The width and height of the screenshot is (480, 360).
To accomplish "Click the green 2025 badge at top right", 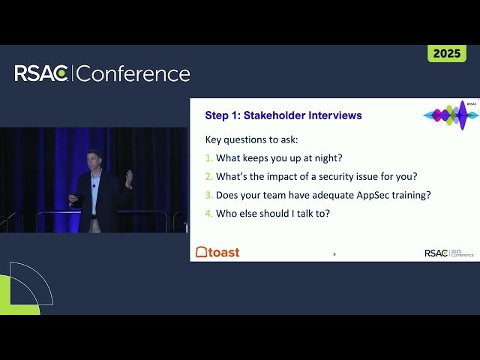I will click(446, 53).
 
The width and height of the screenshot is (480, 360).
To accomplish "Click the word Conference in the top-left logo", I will click(133, 73).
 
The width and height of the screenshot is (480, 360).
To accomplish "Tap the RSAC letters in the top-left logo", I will click(42, 73).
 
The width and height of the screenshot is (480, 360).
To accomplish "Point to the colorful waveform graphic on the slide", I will click(451, 115).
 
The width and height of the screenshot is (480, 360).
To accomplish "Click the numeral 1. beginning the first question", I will click(208, 158).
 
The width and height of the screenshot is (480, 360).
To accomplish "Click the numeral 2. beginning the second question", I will click(208, 177).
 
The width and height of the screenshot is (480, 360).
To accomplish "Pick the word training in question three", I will click(409, 195).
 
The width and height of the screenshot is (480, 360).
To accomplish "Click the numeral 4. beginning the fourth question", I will click(208, 214).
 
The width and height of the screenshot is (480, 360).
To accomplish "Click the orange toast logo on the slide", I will click(217, 252).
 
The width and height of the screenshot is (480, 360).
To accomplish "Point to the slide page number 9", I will click(334, 254).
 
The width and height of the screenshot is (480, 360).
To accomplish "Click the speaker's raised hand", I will click(129, 177).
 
